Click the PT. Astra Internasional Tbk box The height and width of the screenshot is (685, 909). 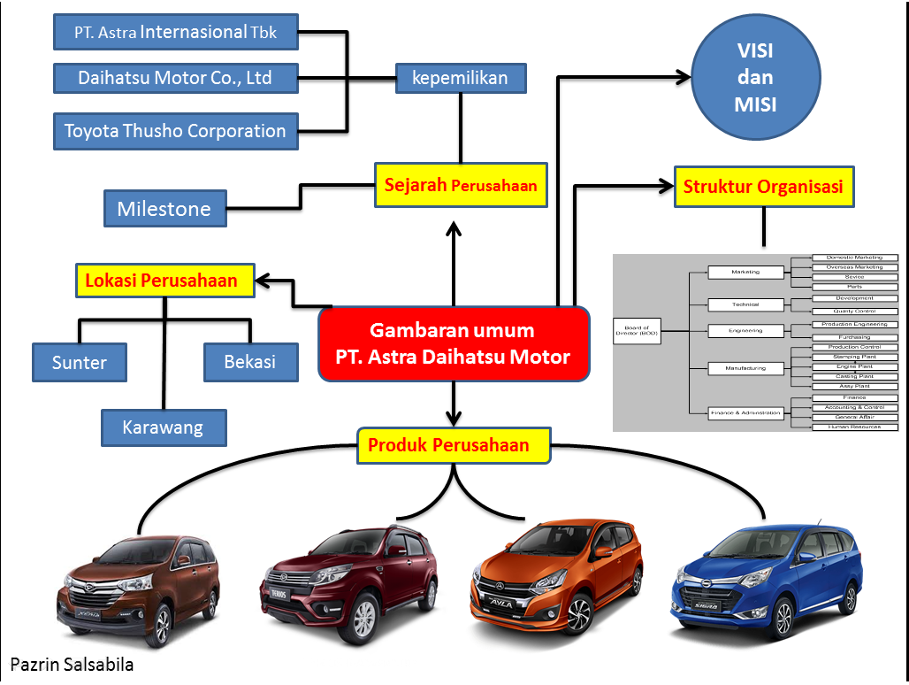click(x=176, y=33)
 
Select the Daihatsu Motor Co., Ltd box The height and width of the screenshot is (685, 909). click(x=175, y=78)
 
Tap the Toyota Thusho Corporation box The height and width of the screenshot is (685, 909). click(x=175, y=131)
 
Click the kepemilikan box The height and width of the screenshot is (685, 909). click(x=460, y=78)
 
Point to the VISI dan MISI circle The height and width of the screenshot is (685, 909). click(x=755, y=77)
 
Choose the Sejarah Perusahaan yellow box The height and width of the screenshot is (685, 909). click(x=460, y=186)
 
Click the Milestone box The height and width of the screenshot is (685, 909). click(x=164, y=209)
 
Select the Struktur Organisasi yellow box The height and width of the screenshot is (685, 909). click(x=763, y=187)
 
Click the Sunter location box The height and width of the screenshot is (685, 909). click(x=80, y=362)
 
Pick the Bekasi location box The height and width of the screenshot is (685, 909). click(x=249, y=362)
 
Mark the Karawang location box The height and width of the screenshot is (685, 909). click(x=163, y=427)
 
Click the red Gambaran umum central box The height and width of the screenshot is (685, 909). click(x=453, y=344)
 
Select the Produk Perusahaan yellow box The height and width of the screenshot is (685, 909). click(x=453, y=446)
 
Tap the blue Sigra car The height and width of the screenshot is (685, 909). click(x=765, y=580)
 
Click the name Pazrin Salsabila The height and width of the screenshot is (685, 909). click(x=72, y=665)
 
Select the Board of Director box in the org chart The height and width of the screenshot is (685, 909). click(x=637, y=332)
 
